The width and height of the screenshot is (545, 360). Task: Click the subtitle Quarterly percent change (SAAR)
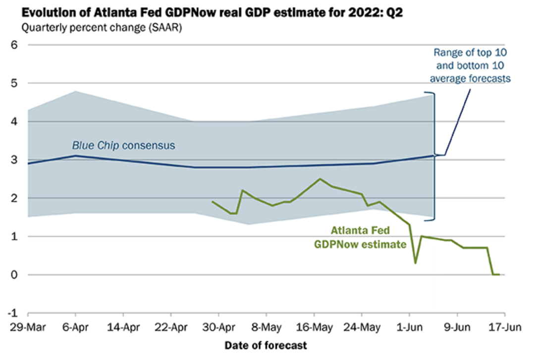coord(101,28)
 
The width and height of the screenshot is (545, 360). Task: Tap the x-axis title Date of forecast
coord(266,345)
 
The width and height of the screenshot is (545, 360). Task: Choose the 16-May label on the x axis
coord(314,328)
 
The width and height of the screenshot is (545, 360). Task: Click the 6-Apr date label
coord(75,328)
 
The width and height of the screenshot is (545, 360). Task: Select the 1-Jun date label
coord(409,328)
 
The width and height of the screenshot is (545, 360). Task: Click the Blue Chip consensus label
coord(124,146)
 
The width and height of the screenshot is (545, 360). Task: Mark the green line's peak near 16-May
coord(320,179)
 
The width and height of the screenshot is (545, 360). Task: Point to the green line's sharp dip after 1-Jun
coord(415,263)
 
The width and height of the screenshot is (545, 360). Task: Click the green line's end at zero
coord(498,274)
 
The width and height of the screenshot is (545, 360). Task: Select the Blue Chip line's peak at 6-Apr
coord(75,155)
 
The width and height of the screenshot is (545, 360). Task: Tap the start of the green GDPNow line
coord(212,202)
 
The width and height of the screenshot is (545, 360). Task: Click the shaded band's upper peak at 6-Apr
coord(75,91)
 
